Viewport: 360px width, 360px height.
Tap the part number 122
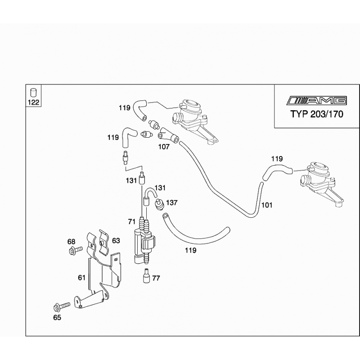(34, 102)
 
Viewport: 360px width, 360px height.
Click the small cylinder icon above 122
(33, 93)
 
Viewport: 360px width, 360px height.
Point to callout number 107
(163, 146)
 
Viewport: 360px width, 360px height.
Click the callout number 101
(267, 205)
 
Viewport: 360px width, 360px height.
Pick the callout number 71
(132, 222)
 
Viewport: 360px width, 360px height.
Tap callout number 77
(156, 278)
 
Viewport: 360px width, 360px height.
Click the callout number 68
(72, 241)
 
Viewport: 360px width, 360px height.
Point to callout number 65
(57, 317)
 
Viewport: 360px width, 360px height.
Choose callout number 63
(116, 241)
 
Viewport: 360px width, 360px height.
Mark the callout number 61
(81, 278)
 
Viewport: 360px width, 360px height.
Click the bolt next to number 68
(74, 250)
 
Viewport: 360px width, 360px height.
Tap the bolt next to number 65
(59, 307)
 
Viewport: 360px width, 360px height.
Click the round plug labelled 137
(158, 206)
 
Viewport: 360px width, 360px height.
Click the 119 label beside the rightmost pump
(277, 158)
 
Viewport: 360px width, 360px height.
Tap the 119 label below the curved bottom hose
(191, 250)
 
